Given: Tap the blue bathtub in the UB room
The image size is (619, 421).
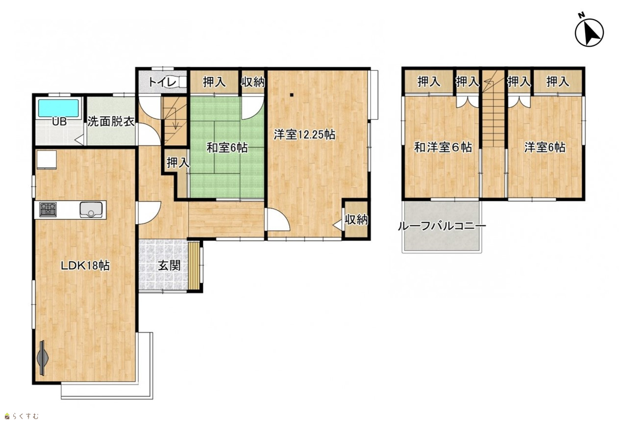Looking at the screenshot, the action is click(58, 108).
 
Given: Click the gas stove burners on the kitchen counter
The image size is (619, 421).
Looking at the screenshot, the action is click(48, 210).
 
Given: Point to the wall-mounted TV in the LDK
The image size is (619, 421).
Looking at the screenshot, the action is click(42, 358).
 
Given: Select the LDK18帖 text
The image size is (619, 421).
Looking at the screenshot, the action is click(85, 266).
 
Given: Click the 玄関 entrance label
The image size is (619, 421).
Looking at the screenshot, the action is click(169, 265).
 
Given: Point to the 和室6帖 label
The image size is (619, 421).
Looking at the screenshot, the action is click(227, 148).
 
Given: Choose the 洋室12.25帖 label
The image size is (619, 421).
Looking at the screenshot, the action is click(304, 135).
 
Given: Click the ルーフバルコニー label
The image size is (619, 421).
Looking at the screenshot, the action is click(442, 227).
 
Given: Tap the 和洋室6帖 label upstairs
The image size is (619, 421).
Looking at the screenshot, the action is click(443, 147).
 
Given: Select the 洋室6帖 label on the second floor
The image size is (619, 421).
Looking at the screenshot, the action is click(545, 147).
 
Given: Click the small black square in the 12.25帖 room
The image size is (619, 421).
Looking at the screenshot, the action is click(292, 95).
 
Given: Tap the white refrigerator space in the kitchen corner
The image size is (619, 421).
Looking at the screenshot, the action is click(47, 159).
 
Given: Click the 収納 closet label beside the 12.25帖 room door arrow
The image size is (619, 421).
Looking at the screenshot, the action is click(356, 220).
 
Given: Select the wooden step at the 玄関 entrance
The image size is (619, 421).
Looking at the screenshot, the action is click(194, 265).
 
